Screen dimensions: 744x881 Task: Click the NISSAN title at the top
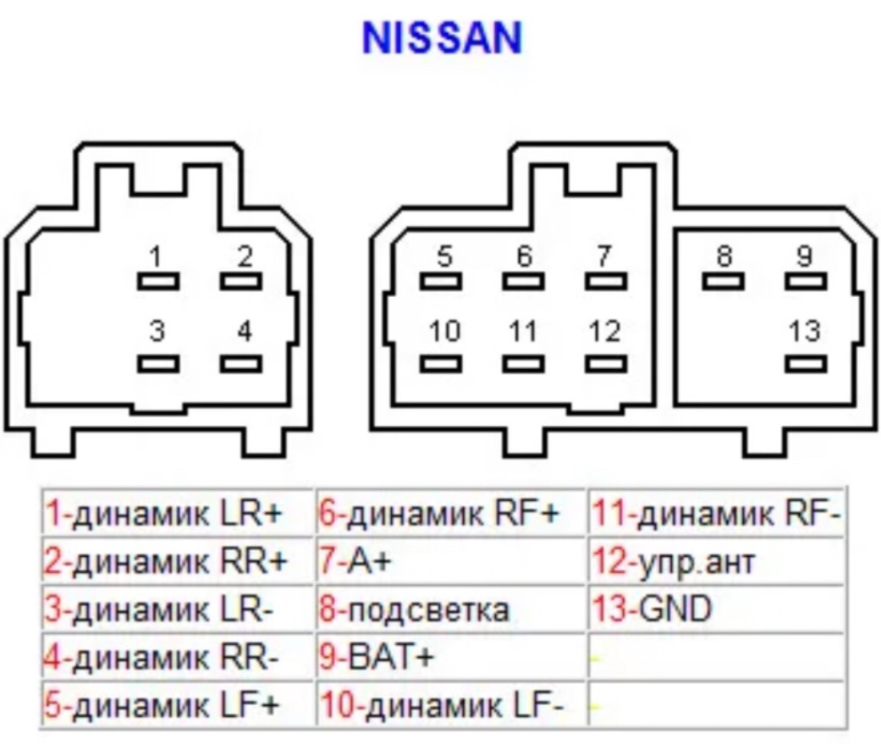442,38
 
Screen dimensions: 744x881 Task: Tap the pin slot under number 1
158,281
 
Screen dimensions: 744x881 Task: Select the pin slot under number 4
241,364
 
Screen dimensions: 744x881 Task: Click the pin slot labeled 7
606,281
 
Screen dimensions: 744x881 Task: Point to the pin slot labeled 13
805,364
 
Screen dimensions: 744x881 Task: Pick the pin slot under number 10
441,364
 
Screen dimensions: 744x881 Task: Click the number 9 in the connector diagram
804,256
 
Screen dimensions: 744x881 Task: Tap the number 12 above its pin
604,331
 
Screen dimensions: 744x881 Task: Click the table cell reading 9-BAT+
451,657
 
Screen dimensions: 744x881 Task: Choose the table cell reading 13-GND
716,609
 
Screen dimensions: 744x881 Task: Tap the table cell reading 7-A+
451,561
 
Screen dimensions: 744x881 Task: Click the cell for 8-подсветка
451,609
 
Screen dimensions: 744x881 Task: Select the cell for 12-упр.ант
716,561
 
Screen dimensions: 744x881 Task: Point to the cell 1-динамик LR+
178,513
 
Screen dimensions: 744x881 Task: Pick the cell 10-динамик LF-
451,704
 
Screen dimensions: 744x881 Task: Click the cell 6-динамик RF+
451,513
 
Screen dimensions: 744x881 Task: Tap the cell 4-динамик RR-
178,657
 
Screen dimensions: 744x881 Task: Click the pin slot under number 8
724,281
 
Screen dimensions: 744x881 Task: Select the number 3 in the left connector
157,331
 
